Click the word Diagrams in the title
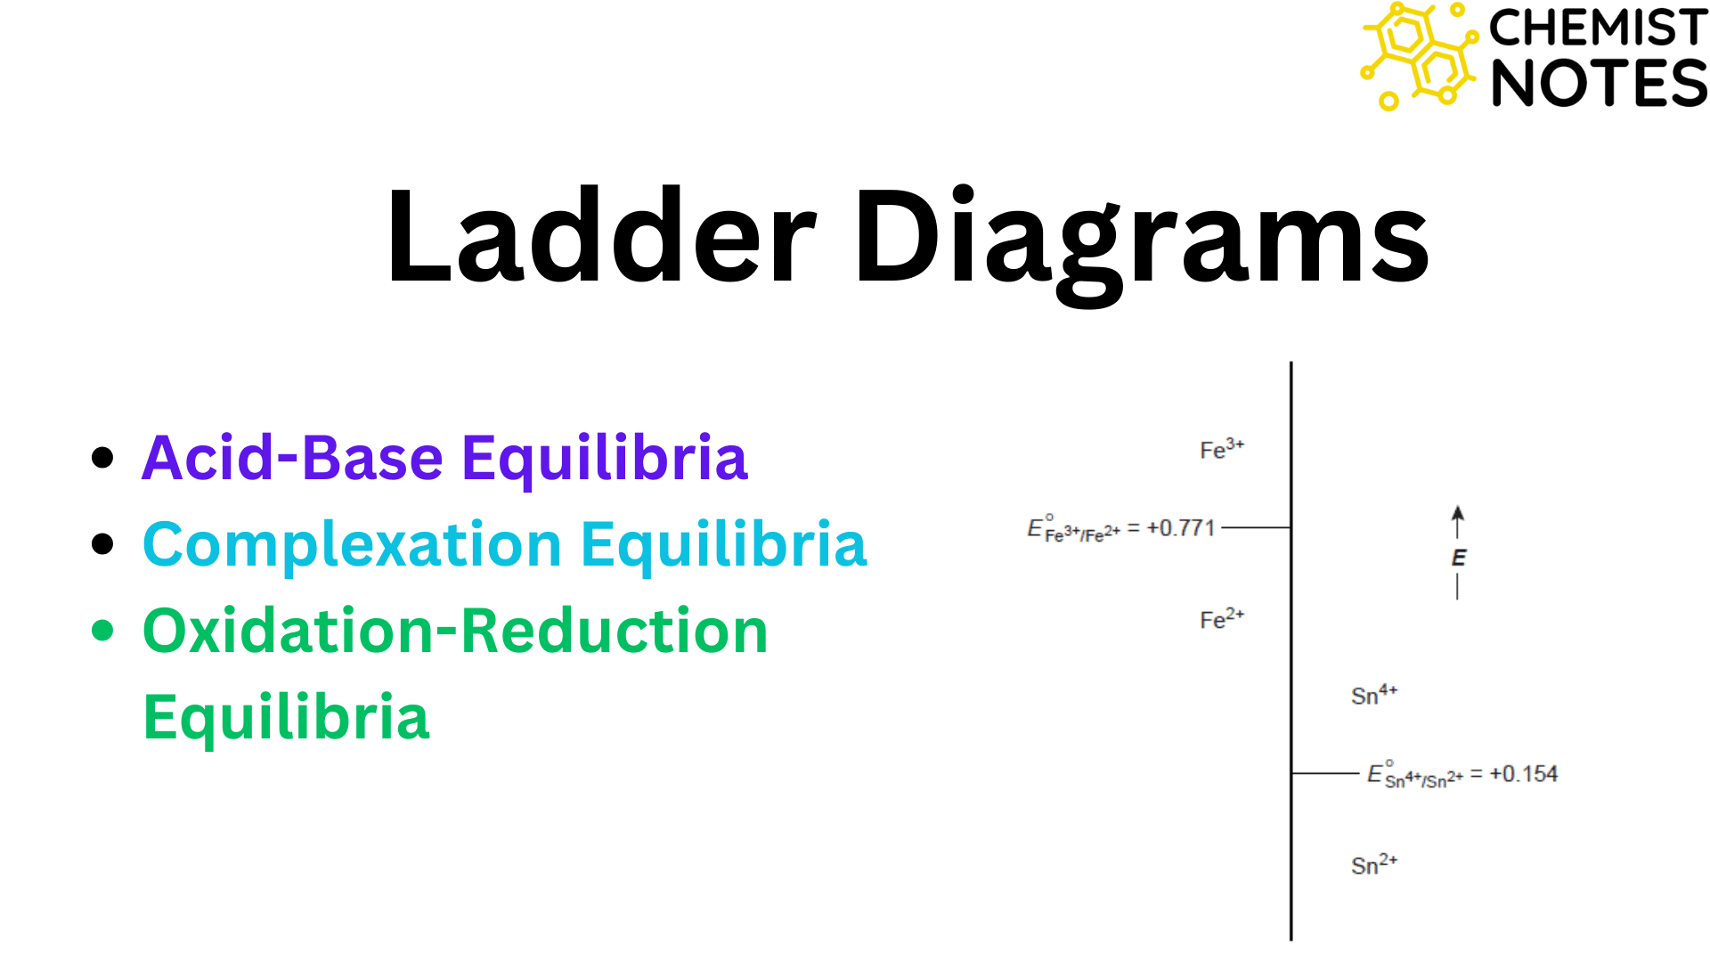(x=1141, y=240)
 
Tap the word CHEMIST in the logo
(x=1598, y=28)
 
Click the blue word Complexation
(x=352, y=545)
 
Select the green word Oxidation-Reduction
(x=455, y=632)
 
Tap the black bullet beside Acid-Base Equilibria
(x=103, y=458)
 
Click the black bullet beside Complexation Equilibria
(x=103, y=544)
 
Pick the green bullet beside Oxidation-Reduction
(x=103, y=631)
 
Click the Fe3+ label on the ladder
(x=1221, y=449)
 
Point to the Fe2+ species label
(x=1221, y=618)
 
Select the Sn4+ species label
(x=1373, y=695)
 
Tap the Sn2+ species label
(x=1373, y=864)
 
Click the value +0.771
(x=1181, y=528)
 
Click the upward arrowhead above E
(x=1457, y=514)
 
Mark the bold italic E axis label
(x=1458, y=558)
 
